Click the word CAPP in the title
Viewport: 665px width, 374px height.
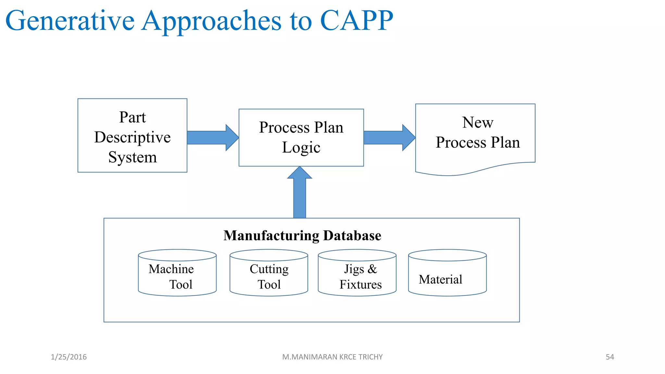pos(356,20)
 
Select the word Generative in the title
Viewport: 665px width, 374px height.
pos(70,20)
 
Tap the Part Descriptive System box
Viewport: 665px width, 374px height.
pos(132,136)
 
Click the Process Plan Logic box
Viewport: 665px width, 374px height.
pos(301,138)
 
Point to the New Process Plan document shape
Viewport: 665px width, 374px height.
pos(475,136)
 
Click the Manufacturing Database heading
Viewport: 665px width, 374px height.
pos(302,235)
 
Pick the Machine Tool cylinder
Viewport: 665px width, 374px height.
pos(177,274)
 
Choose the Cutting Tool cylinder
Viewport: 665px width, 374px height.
pos(269,274)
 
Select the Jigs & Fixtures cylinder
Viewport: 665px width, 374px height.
pos(357,274)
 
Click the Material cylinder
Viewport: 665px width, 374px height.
pos(447,274)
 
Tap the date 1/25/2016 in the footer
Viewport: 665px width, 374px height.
pos(69,357)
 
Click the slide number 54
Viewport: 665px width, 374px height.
pos(609,357)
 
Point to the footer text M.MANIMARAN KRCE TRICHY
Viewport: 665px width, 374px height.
pos(332,357)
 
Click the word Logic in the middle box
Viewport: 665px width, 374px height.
pos(301,148)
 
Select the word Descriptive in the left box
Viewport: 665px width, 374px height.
pos(132,137)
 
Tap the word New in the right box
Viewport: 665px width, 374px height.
pos(477,122)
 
